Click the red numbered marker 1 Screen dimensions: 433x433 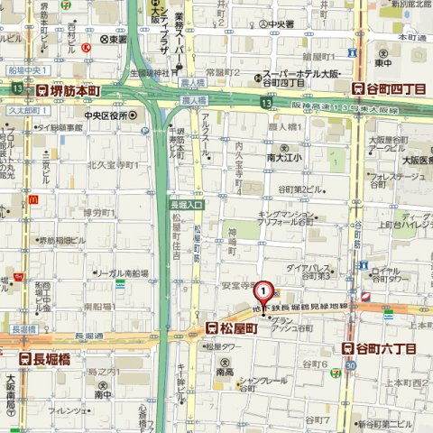point(263,292)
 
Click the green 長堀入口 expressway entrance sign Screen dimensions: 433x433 point(187,206)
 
